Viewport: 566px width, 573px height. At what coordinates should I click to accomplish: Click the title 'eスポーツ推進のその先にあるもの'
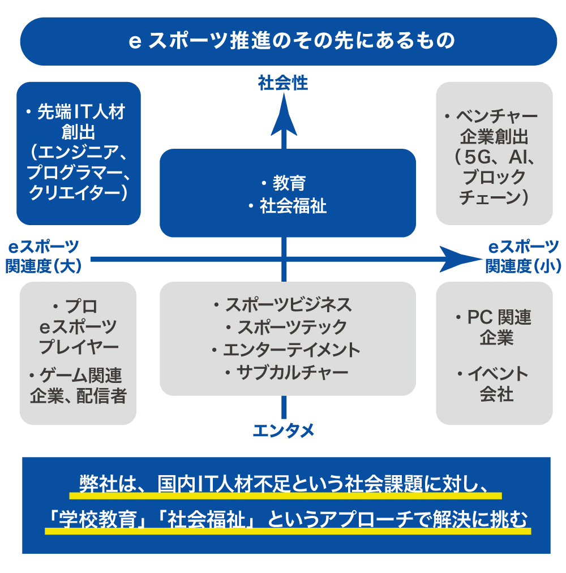291,42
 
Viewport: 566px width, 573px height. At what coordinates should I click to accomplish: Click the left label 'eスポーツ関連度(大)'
44,256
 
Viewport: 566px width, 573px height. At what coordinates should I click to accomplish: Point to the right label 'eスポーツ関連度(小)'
523,256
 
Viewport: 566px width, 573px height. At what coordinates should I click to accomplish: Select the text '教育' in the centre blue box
289,183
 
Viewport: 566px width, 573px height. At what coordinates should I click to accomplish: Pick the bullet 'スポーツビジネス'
288,304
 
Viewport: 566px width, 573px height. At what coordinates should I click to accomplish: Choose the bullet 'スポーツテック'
292,327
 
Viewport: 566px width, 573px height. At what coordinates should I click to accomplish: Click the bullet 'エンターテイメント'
291,350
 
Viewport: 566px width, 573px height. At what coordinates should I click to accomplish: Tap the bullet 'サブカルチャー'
292,372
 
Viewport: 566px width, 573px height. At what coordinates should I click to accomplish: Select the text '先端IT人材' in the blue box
81,112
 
